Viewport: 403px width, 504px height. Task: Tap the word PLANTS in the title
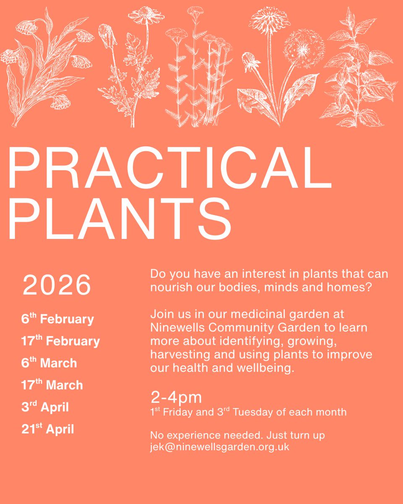pos(120,219)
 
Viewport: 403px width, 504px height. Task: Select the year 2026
pos(57,285)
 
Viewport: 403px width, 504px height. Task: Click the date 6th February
pos(58,319)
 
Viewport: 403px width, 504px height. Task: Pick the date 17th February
pos(60,341)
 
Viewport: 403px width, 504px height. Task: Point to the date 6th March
pos(49,363)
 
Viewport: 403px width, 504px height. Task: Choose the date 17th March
pos(52,385)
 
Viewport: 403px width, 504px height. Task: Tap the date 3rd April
pos(45,407)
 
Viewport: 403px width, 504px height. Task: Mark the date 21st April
pos(47,429)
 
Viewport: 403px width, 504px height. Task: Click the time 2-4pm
pos(176,396)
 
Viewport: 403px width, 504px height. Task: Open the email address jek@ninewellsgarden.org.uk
pos(220,447)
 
